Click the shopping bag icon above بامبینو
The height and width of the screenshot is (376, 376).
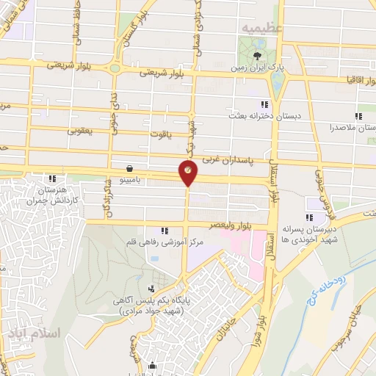129,167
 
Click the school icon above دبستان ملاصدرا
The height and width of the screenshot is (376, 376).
359,115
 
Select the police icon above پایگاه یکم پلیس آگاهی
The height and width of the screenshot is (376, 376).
151,289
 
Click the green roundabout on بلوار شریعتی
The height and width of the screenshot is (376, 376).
115,69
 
